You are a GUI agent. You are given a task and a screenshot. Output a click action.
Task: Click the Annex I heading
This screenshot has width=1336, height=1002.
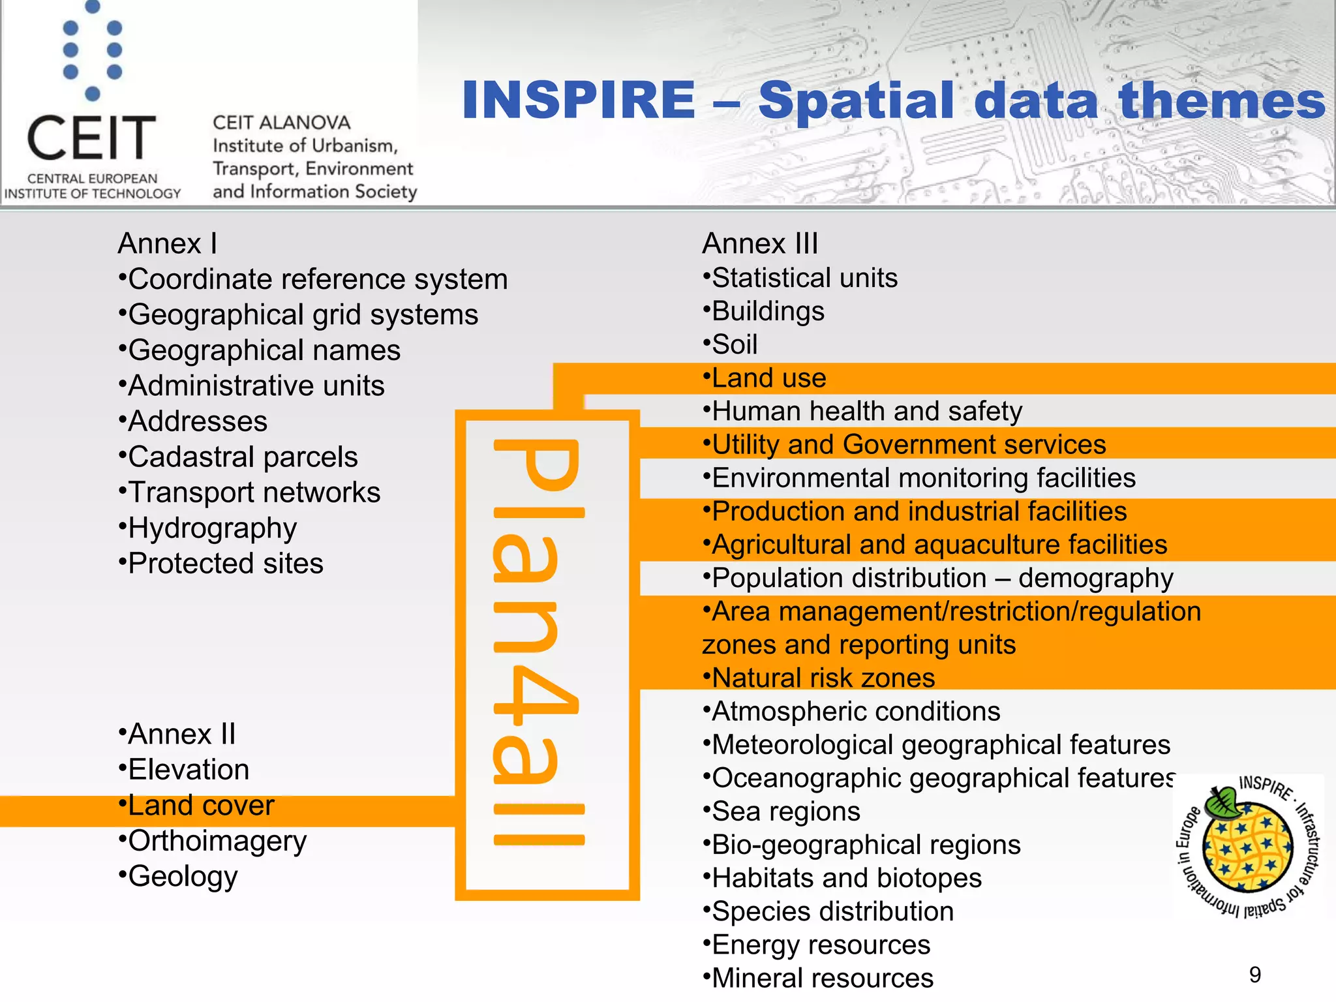[167, 244]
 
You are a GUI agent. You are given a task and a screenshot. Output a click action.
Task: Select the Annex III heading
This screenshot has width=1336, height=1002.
[760, 244]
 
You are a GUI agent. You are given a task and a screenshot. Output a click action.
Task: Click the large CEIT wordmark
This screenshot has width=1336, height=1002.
[91, 138]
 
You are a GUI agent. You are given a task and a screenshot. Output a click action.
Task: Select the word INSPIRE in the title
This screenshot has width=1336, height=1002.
[579, 100]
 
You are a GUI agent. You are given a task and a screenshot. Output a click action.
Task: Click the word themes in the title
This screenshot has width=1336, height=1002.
[1221, 100]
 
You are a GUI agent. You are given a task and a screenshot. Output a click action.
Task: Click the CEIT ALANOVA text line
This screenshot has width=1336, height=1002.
[281, 123]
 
